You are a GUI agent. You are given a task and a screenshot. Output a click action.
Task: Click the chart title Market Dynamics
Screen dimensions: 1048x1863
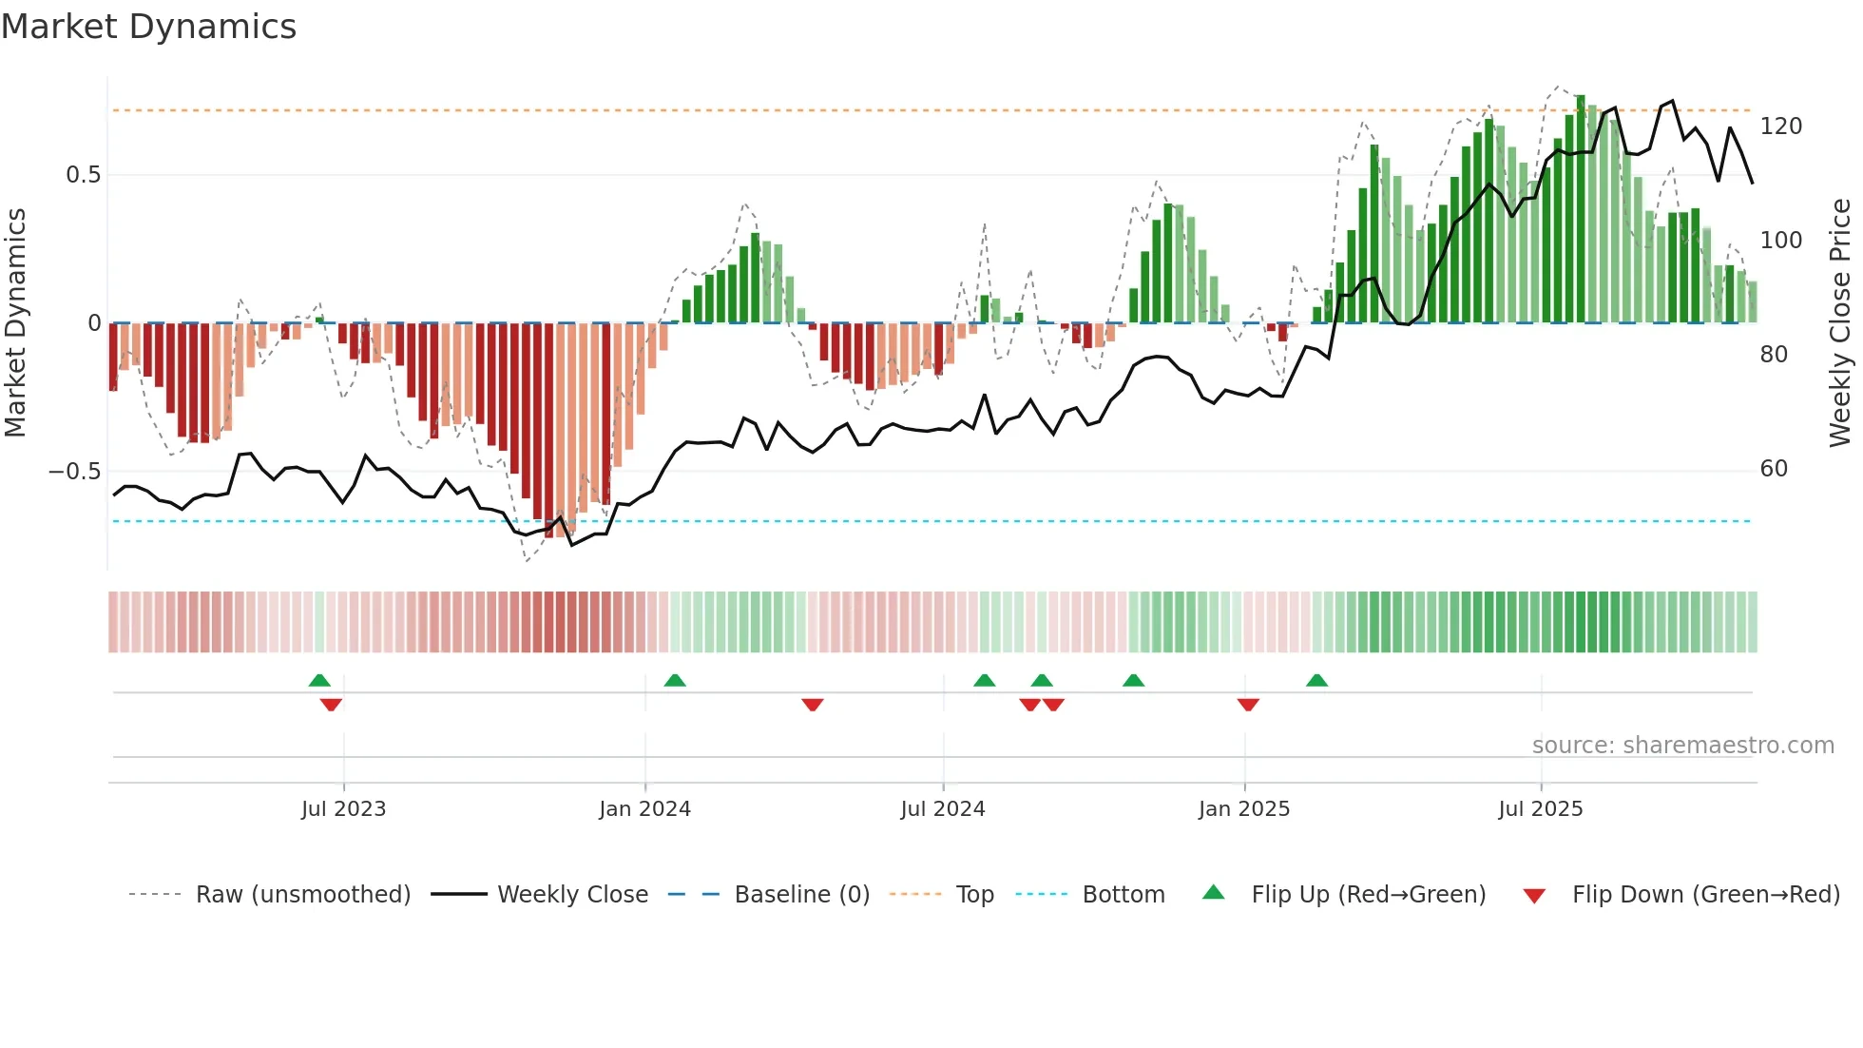148,27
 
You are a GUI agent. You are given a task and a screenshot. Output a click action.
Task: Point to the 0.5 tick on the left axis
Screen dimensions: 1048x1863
83,175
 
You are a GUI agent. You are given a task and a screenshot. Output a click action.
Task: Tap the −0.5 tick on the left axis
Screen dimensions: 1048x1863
74,472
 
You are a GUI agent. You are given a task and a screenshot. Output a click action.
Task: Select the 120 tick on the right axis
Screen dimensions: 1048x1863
1780,126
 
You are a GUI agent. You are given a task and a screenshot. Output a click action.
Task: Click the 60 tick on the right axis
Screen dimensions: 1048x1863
1774,469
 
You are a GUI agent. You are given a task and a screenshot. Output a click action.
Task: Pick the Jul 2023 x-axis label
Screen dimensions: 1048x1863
343,809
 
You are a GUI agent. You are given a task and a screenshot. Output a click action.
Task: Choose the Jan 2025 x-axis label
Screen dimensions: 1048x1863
1243,809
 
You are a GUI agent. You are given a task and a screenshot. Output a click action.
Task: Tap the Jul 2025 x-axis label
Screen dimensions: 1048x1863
1540,809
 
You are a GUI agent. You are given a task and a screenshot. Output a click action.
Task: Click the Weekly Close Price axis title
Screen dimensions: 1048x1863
1840,322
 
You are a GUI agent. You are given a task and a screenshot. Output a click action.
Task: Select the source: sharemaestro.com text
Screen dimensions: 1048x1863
1682,746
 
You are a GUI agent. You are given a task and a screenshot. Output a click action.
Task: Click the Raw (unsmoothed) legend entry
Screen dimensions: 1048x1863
302,895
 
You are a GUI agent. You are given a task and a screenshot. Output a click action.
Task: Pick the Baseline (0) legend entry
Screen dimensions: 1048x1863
801,895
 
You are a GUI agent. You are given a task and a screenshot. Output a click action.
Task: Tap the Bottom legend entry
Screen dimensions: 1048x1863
1123,895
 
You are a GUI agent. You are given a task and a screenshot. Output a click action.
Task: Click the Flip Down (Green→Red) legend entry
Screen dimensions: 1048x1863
1705,895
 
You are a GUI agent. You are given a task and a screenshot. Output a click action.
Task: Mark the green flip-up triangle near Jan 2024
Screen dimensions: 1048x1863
675,681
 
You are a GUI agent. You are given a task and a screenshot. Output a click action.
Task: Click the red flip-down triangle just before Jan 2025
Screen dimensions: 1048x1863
1248,705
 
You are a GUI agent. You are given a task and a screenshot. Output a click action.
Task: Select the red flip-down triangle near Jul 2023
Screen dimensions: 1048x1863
331,705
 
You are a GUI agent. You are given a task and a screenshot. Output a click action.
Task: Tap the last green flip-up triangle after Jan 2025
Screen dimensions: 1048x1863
1316,681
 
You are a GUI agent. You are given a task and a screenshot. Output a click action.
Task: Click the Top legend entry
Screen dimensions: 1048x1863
974,895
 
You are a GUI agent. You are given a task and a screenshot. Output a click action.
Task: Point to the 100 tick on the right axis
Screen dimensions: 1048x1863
1780,241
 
